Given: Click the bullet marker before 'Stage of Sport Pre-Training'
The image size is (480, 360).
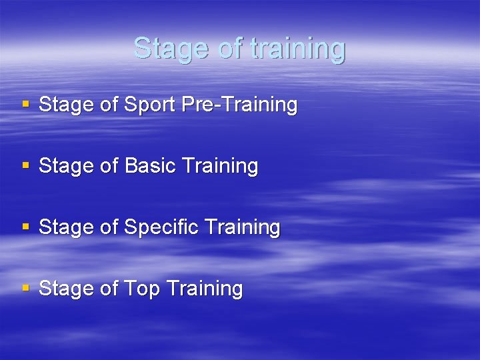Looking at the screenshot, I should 26,105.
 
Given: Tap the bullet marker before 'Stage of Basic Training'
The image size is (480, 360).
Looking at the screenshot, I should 26,166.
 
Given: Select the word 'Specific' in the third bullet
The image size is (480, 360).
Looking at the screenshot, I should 161,227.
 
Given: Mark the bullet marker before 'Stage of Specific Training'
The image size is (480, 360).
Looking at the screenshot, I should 26,227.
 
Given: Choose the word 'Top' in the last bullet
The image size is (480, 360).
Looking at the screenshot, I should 142,289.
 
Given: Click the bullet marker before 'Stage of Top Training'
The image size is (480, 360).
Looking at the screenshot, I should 26,289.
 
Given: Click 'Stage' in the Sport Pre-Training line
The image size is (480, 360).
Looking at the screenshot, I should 63,105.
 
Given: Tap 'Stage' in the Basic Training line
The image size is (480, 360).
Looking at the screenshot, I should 63,166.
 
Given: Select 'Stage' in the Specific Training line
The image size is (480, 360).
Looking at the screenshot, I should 63,227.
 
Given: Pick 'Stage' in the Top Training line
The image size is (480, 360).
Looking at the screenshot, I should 63,289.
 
